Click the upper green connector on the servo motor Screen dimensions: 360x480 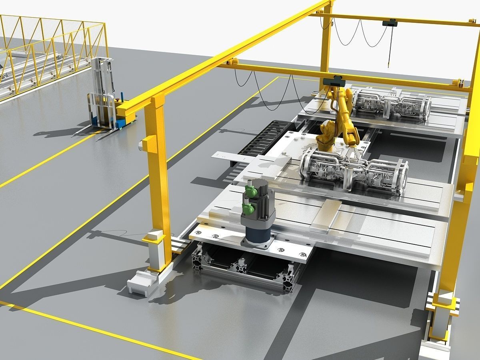(251, 191)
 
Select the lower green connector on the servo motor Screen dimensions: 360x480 (248, 208)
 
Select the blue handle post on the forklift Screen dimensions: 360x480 (94, 120)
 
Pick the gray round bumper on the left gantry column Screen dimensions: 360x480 (141, 145)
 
